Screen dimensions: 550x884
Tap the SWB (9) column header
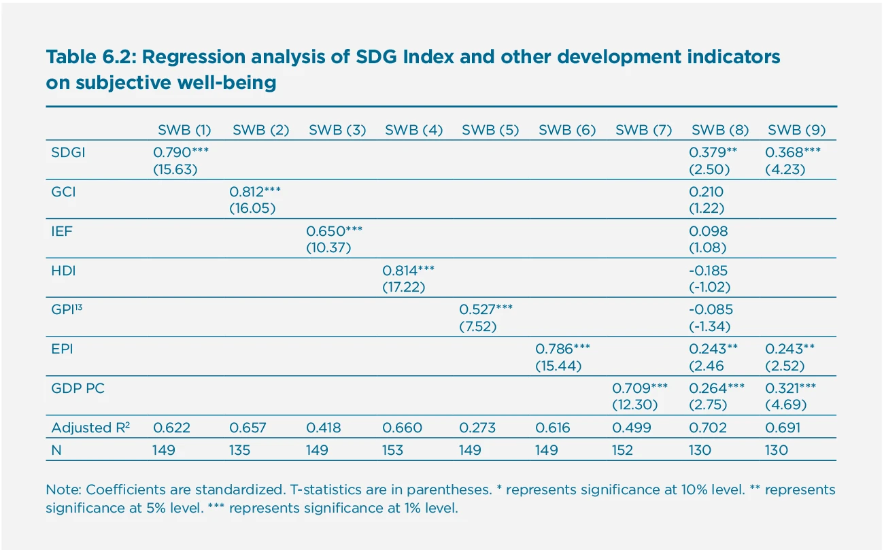point(796,131)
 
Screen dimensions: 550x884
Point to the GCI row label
point(63,192)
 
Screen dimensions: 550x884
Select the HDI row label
point(63,271)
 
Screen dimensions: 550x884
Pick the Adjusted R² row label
point(90,428)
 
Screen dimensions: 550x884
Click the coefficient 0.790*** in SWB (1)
point(181,153)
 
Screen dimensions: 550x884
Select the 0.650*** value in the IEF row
point(335,231)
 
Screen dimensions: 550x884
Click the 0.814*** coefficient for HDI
point(409,271)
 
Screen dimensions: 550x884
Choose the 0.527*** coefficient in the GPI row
point(487,310)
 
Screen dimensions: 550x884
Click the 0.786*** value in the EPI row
point(563,349)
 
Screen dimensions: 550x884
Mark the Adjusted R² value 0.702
point(709,428)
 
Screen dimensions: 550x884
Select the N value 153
point(392,449)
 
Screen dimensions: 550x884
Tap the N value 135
point(239,449)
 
